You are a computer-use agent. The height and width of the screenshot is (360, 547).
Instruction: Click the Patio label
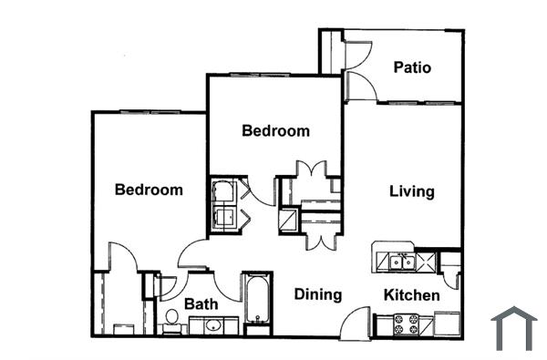coord(412,67)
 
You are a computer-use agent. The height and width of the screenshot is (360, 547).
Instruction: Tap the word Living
coord(411,191)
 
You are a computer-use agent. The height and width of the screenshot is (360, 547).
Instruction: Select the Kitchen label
coord(411,295)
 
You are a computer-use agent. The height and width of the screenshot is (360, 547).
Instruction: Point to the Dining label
coord(318,294)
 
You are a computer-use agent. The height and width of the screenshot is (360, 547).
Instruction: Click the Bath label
coord(201,303)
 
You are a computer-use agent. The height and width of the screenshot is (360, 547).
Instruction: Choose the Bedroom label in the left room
coord(149,190)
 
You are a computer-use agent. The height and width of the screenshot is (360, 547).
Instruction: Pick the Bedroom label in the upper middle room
coord(275,130)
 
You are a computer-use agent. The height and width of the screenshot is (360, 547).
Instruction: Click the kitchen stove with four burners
coord(406,324)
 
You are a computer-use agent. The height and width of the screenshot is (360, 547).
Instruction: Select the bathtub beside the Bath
coord(257,302)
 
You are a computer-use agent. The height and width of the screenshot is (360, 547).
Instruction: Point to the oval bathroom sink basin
coord(212,325)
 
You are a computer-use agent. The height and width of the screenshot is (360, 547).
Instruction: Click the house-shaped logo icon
coord(513,328)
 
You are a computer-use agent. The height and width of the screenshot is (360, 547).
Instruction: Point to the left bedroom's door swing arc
coord(122,256)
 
